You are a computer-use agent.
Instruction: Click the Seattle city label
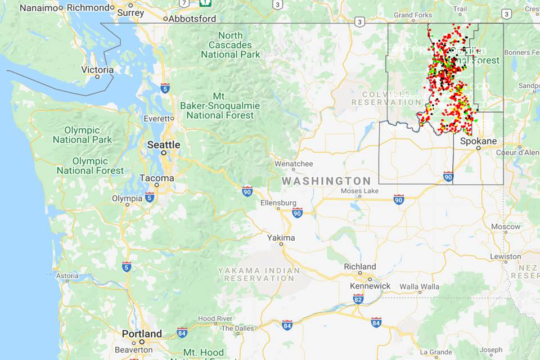pos(164,145)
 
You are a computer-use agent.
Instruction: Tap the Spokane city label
pos(478,141)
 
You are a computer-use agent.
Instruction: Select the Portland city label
pos(142,334)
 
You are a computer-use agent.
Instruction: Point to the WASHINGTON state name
pos(326,181)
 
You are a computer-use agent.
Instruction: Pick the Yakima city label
pos(281,238)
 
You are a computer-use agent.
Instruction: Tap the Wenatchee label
pos(294,164)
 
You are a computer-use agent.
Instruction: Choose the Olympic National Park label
pos(83,135)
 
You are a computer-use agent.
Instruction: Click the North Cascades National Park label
pos(231,45)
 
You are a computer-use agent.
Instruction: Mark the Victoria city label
pos(97,70)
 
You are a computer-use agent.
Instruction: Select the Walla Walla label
pos(420,287)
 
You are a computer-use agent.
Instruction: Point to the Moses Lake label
pos(360,191)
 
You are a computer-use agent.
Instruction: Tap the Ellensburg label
pos(278,202)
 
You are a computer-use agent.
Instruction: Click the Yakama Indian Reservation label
pos(259,274)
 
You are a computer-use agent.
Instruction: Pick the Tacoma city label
pos(157,178)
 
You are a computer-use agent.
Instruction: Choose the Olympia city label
pos(127,199)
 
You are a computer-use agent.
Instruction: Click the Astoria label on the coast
pos(67,276)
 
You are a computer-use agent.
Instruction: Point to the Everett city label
pos(158,119)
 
